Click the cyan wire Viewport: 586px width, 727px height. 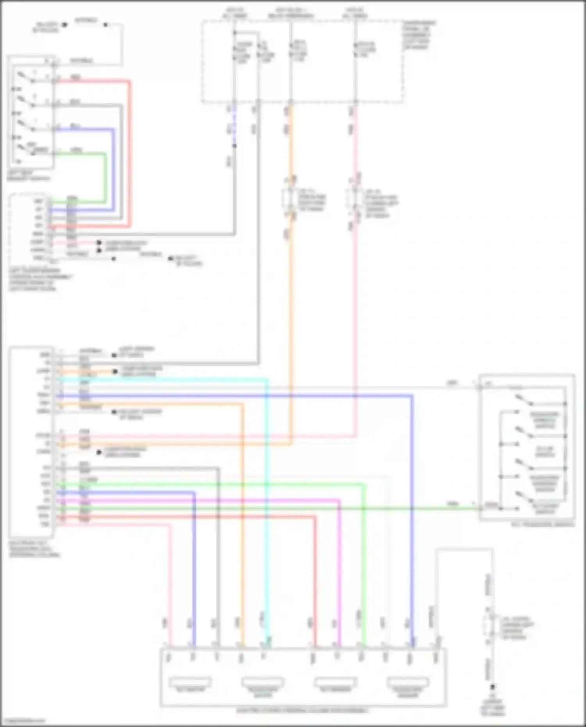pos(266,508)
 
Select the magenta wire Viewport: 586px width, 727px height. pos(338,566)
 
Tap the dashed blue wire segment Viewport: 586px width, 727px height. pos(234,125)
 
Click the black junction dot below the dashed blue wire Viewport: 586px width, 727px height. pos(234,146)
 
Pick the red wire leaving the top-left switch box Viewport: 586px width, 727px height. pos(130,156)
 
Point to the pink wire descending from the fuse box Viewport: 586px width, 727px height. pos(356,313)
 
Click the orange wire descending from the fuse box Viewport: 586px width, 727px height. pos(291,313)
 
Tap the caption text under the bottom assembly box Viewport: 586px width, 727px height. pos(302,711)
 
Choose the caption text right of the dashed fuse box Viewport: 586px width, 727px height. pos(419,35)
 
